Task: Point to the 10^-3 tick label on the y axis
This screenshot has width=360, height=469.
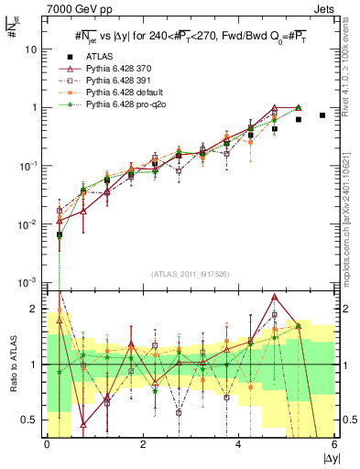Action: [x=29, y=282]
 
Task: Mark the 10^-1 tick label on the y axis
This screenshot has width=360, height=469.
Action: [x=29, y=166]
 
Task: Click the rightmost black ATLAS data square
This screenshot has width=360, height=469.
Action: [x=322, y=115]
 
